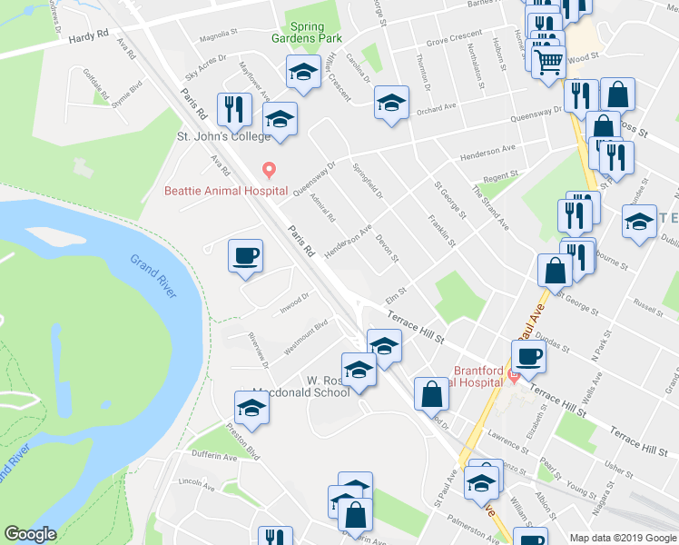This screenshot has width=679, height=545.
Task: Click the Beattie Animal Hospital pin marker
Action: pyautogui.click(x=268, y=170)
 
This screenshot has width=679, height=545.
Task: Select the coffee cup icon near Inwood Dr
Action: pyautogui.click(x=244, y=255)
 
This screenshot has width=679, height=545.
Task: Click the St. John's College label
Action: pyautogui.click(x=223, y=136)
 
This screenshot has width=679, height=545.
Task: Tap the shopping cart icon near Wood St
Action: pyautogui.click(x=549, y=62)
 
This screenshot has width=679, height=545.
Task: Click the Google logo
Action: pyautogui.click(x=30, y=534)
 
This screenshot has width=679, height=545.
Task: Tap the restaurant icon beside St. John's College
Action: pyautogui.click(x=234, y=109)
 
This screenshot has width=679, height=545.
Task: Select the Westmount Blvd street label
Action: pyautogui.click(x=305, y=337)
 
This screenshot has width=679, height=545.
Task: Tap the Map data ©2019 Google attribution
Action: pyautogui.click(x=623, y=538)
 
